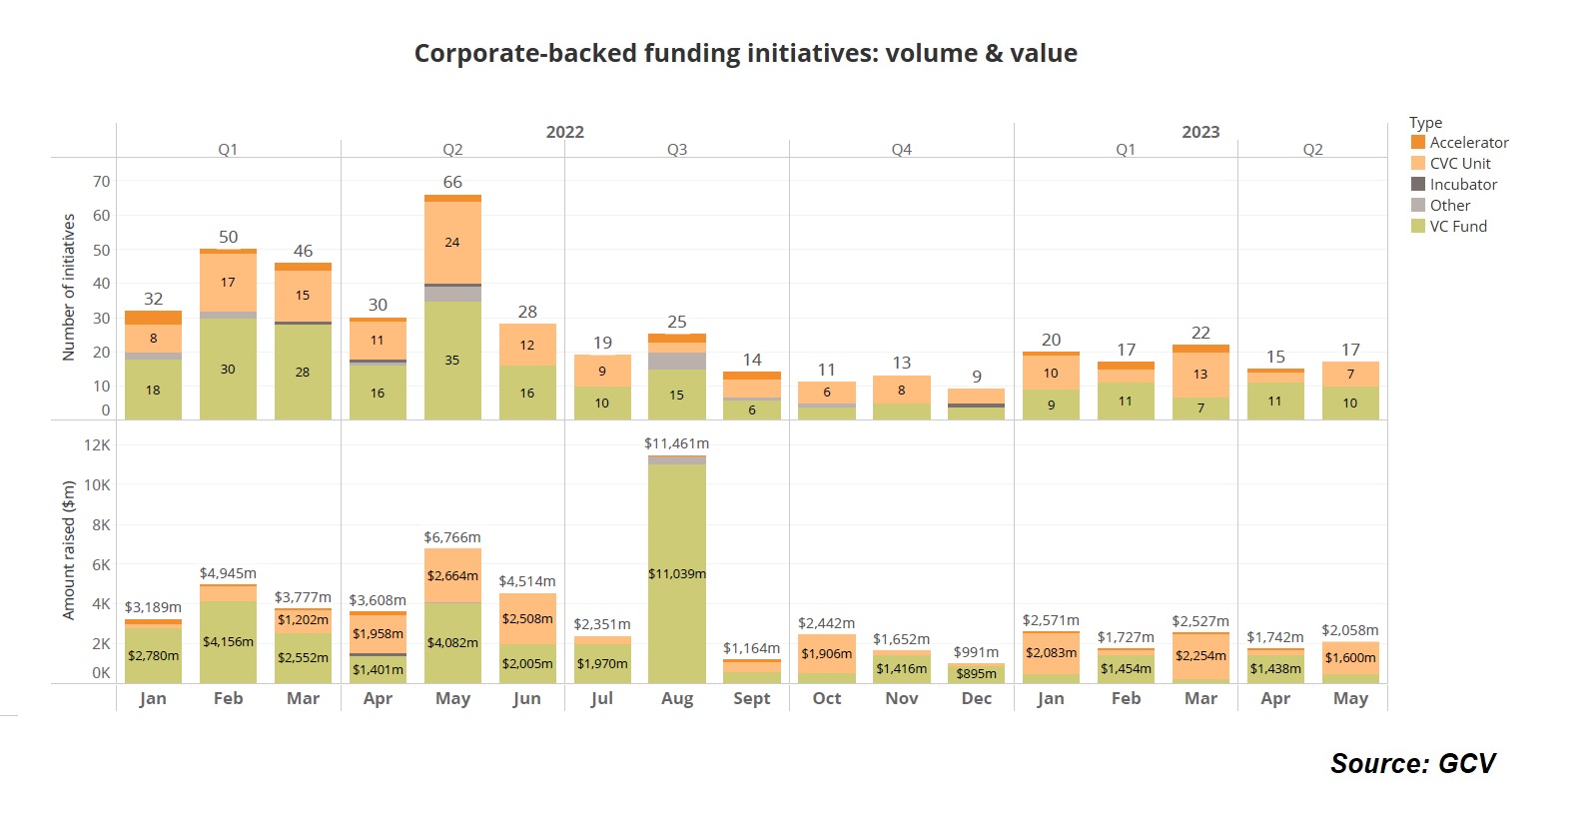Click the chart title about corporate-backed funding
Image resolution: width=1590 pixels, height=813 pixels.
(x=745, y=54)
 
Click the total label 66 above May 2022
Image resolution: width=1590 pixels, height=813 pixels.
(x=452, y=182)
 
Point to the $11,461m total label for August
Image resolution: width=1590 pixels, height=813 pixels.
(x=676, y=443)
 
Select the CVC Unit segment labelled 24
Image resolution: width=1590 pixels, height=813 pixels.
(x=452, y=243)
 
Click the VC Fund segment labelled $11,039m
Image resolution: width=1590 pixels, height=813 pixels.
(x=676, y=574)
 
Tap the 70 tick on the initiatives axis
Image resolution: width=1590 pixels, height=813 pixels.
(x=102, y=182)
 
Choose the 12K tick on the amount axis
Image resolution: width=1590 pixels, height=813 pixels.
(x=98, y=445)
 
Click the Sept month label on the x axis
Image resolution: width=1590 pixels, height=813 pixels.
(x=751, y=698)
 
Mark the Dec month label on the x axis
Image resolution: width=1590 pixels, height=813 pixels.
(x=976, y=698)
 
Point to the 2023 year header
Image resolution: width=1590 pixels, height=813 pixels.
(x=1200, y=132)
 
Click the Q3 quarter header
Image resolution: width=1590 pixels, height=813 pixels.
(x=677, y=150)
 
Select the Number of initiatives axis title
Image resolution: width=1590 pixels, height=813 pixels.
(x=69, y=288)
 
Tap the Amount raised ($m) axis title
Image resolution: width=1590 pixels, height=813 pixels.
(x=69, y=550)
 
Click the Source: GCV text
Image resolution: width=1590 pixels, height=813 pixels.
(x=1412, y=764)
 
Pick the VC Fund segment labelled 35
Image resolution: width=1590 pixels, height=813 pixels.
(x=452, y=361)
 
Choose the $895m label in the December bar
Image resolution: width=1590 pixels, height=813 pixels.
(x=976, y=674)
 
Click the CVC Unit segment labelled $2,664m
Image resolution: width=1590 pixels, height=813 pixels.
(x=452, y=576)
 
